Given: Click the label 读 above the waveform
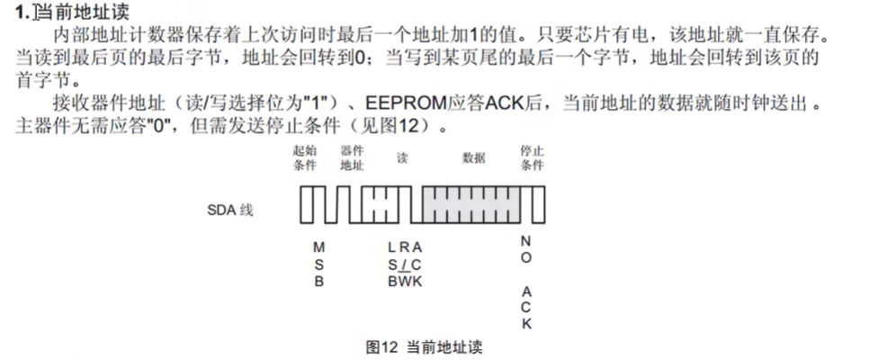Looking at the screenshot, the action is tap(402, 157).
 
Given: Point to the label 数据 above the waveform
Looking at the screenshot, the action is tap(473, 157).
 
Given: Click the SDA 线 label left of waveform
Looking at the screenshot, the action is tap(230, 210).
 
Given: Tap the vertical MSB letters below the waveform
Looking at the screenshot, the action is tap(318, 263).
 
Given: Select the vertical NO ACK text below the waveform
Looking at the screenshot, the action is tap(526, 282).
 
